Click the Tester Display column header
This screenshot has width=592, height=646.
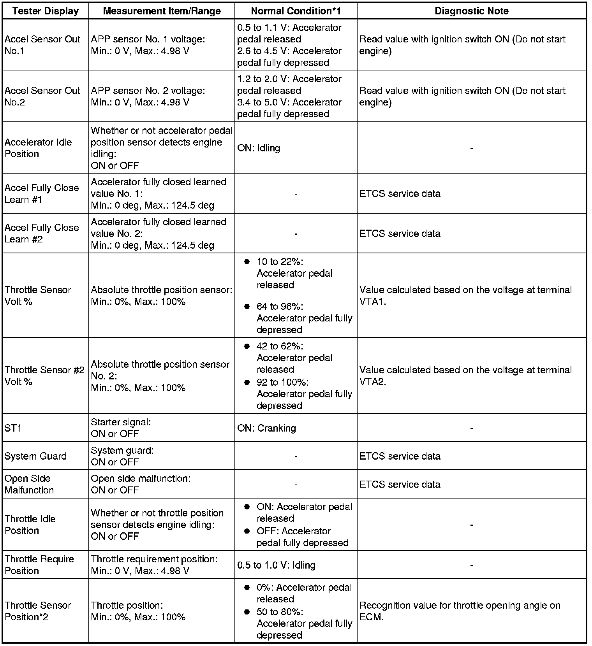coord(45,11)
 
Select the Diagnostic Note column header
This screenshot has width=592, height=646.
coord(471,11)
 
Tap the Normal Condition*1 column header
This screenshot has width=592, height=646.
coord(296,11)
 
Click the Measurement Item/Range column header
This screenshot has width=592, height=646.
coord(162,11)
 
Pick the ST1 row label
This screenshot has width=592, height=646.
coord(13,428)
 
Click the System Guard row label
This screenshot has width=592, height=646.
coord(35,456)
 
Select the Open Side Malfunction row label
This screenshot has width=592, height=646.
coord(29,484)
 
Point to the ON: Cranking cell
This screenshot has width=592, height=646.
coord(266,428)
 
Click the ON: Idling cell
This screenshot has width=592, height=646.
coord(259,148)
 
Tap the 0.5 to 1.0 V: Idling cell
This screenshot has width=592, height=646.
coord(276,565)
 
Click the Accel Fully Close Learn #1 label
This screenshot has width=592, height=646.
coord(42,193)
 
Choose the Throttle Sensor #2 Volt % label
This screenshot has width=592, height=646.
coord(44,376)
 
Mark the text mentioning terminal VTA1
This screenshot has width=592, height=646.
coord(465,295)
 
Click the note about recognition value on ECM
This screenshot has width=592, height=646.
coord(460,611)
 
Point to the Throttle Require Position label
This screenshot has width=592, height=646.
coord(39,565)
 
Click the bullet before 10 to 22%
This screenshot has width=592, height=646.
coord(247,262)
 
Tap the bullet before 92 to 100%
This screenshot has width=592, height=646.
coord(247,383)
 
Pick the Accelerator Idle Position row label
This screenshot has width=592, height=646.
coord(38,148)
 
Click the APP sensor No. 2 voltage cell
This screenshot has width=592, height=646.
coord(148,96)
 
